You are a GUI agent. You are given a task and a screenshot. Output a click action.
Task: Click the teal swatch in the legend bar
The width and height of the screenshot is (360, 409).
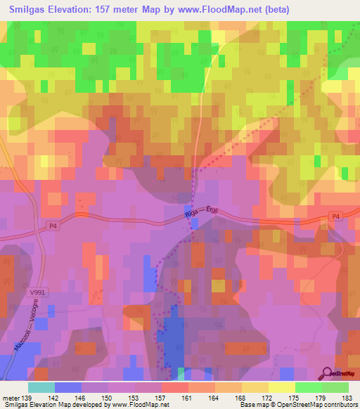[x=41, y=387]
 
